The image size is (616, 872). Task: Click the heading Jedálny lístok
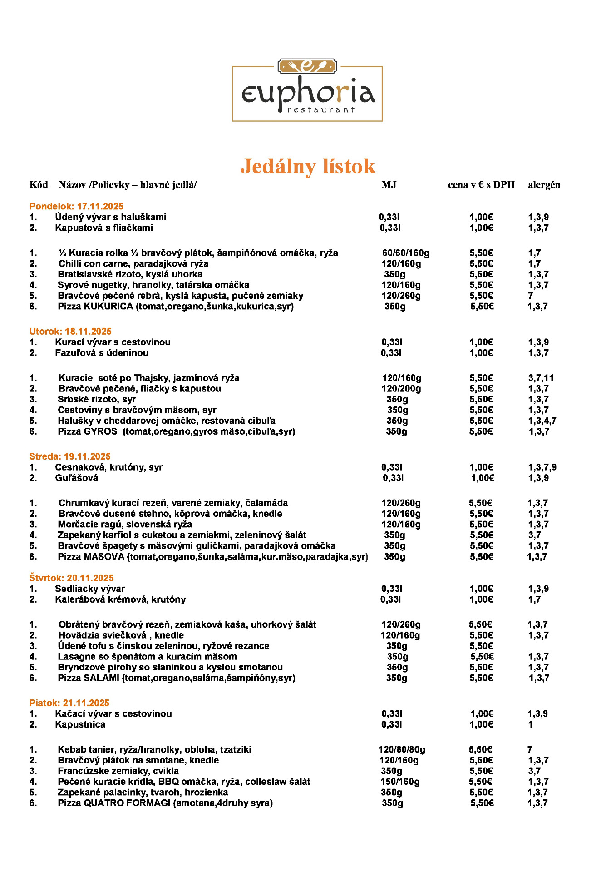(308, 166)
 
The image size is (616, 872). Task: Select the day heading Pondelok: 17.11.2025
(76, 206)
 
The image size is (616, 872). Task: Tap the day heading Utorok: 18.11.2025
(70, 332)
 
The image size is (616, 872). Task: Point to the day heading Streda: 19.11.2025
(70, 456)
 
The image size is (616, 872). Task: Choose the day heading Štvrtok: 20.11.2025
(71, 578)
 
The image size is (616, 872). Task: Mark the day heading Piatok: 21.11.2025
(69, 703)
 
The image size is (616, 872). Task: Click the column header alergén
(544, 185)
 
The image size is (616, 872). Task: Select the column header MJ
(389, 185)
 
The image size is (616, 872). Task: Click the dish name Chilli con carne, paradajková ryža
(133, 264)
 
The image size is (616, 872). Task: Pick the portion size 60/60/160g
(405, 253)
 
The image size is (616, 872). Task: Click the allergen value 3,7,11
(541, 378)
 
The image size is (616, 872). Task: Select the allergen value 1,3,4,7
(542, 421)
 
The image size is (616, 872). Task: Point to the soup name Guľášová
(76, 478)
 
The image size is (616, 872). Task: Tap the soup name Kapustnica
(80, 724)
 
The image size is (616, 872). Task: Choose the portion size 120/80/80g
(402, 749)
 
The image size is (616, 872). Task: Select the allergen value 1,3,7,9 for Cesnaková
(542, 467)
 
